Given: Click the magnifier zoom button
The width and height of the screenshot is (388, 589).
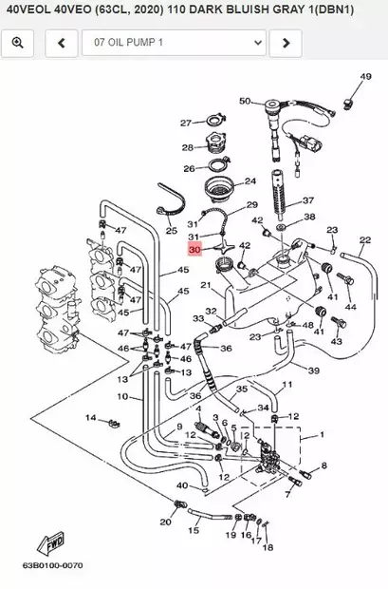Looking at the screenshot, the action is [18, 43].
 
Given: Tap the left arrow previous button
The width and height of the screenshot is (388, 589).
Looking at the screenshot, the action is [62, 43].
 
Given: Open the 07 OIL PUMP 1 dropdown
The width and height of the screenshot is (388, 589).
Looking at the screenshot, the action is [175, 43].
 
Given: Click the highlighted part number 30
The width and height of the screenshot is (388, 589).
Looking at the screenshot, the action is [195, 250].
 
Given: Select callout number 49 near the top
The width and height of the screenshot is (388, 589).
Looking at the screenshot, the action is [365, 77].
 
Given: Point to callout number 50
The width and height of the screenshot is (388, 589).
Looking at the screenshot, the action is [245, 101].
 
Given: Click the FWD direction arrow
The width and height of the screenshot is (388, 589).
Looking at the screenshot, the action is [50, 543].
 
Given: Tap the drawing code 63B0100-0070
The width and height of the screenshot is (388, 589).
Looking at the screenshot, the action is [52, 565].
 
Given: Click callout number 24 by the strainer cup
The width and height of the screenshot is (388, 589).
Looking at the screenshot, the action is [250, 181].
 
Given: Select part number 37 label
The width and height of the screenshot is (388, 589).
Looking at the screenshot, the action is [308, 200].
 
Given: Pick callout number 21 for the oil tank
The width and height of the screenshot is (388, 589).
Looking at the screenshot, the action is [206, 286].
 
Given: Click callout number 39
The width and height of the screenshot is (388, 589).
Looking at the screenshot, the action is [314, 370].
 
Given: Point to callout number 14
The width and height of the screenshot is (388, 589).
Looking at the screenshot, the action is [91, 418].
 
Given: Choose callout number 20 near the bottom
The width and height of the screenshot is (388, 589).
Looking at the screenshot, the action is [165, 522].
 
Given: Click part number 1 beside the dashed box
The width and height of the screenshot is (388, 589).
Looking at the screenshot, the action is [322, 435].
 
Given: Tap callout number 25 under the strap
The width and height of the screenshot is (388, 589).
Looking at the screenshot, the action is [172, 230].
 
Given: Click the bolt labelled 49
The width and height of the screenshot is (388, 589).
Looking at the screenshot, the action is [349, 103].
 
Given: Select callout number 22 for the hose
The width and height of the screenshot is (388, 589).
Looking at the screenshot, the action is [365, 239].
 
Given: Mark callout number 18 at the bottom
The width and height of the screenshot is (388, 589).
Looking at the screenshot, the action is [268, 547].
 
